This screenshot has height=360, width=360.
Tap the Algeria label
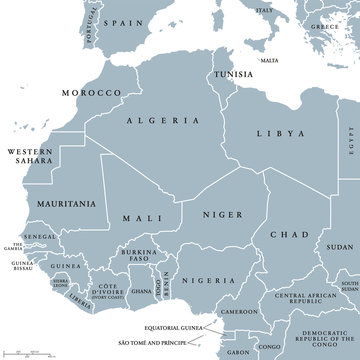point(161,122)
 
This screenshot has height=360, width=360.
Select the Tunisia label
point(236,74)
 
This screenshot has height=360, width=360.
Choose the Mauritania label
point(66,204)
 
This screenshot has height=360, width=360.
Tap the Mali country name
point(138,216)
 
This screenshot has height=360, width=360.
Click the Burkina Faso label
point(138,255)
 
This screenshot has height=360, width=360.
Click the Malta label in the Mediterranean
point(269,60)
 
